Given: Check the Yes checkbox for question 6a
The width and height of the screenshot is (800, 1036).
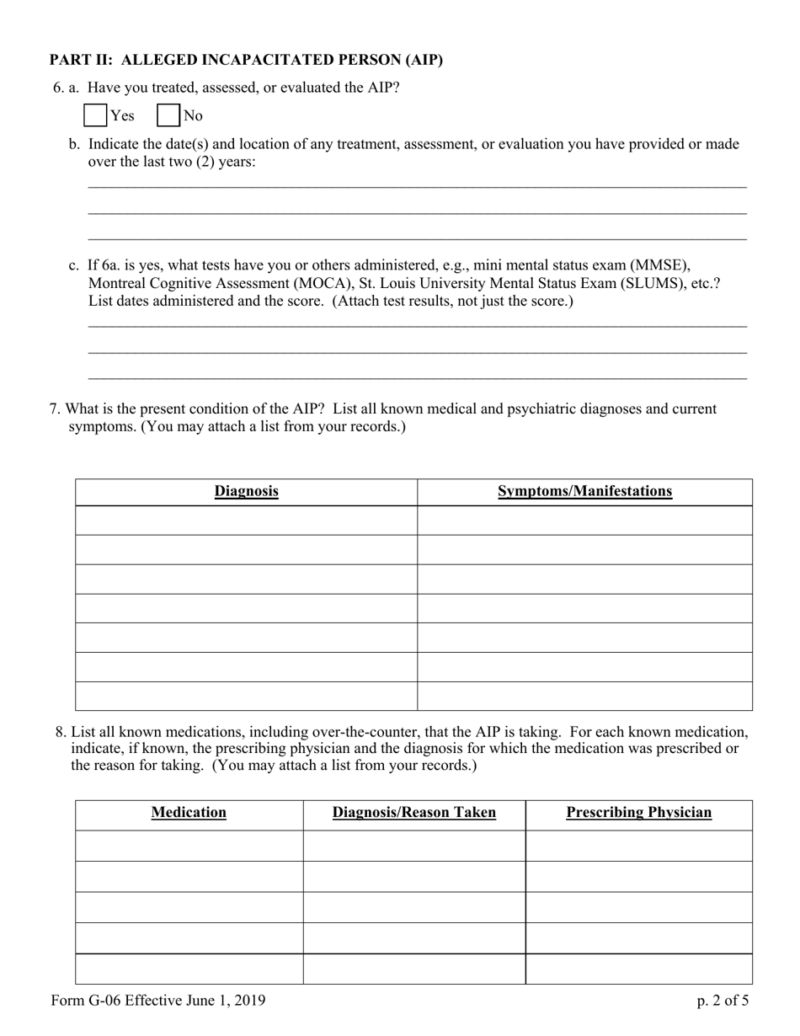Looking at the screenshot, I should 96,115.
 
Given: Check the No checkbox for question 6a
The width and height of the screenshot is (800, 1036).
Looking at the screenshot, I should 168,115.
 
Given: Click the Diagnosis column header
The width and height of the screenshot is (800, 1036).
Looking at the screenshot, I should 246,491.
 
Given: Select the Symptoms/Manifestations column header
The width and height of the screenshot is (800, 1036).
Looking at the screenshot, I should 584,491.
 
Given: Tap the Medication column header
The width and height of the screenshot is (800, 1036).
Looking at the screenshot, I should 189,813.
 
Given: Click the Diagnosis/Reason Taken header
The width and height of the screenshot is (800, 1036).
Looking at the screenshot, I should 413,813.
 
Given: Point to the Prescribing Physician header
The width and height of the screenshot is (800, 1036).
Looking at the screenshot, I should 638,813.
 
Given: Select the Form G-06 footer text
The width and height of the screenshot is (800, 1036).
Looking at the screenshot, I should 157,1001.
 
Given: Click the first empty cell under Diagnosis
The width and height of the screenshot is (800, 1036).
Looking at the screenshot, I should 246,521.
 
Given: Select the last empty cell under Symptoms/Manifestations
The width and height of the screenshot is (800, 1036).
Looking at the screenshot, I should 584,696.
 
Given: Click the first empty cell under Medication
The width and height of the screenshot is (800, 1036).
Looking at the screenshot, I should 189,846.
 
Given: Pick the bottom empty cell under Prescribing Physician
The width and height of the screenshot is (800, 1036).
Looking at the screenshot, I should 638,969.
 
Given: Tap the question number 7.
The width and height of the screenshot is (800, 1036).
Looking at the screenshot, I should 55,409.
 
